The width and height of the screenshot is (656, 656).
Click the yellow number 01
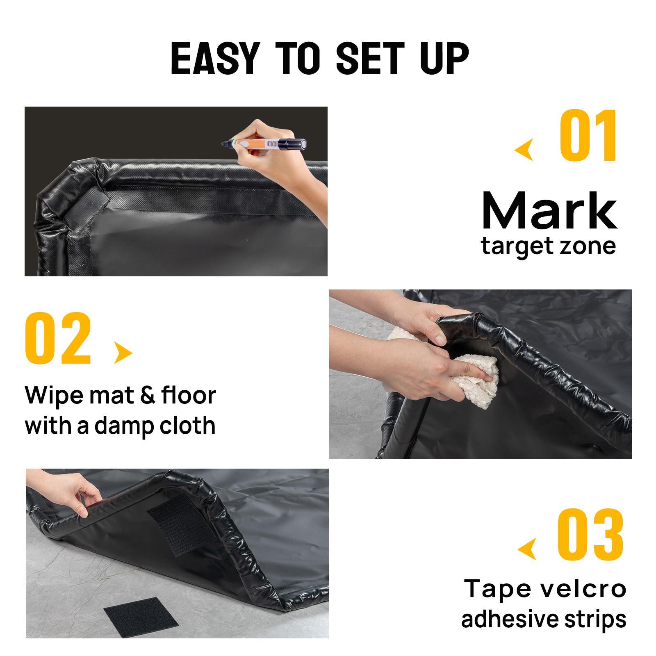(588, 136)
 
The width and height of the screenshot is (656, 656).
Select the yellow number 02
(58, 339)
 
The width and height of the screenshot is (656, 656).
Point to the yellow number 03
(590, 535)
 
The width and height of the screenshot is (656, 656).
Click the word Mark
(549, 211)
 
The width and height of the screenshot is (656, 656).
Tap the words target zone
(549, 246)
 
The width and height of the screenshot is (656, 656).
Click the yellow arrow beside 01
(525, 150)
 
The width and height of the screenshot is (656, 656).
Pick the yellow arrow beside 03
(528, 549)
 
